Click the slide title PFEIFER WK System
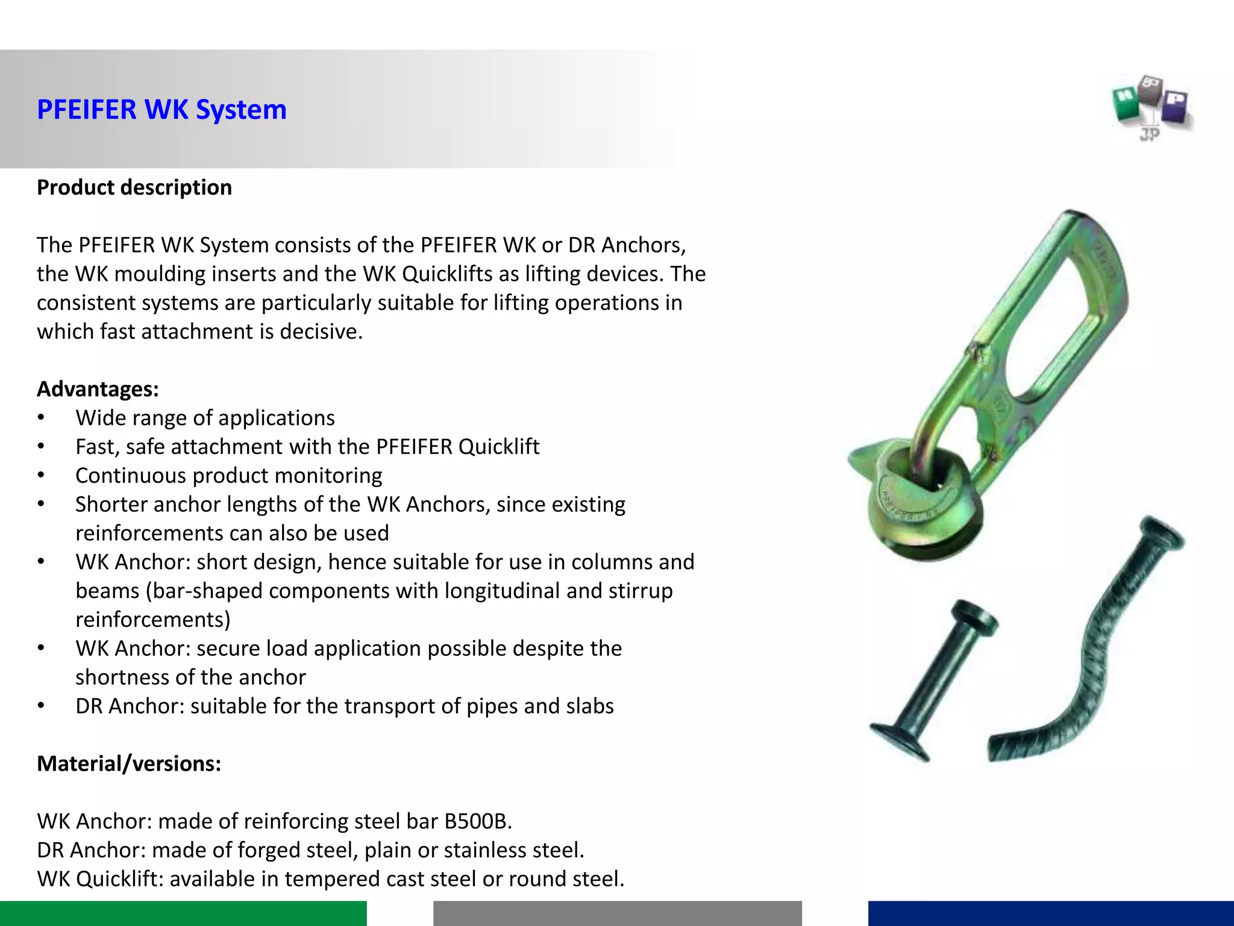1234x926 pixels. tap(161, 110)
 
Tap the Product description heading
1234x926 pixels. tap(134, 187)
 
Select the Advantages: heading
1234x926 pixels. tap(98, 389)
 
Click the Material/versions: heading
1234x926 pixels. tap(129, 764)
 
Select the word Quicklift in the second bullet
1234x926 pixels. tap(499, 447)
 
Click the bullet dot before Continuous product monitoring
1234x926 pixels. tap(41, 476)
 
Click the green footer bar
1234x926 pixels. tap(183, 913)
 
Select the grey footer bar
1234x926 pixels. tap(617, 913)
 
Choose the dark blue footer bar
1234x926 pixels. tap(1051, 913)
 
